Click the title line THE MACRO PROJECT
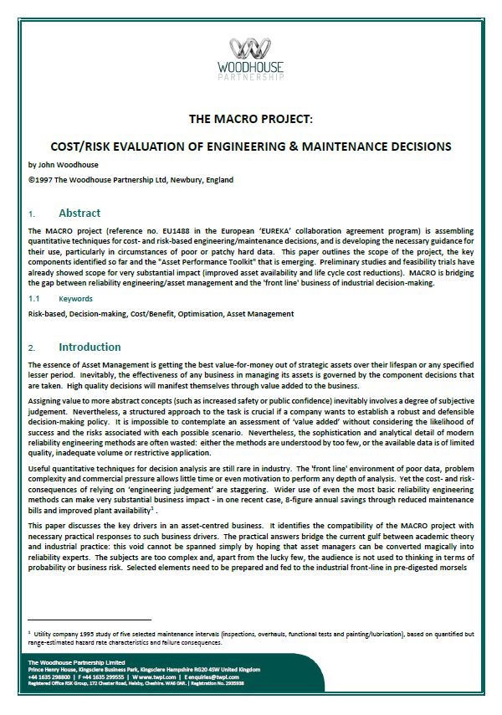coord(251,120)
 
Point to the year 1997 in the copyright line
coord(44,180)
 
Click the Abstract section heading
coord(79,213)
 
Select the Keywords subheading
coord(75,297)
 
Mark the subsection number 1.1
coord(34,297)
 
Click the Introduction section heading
coord(90,347)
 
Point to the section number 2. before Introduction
coord(32,347)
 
